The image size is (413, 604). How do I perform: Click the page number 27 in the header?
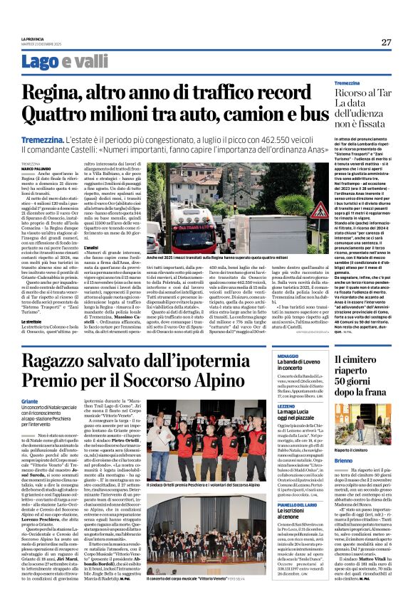386,42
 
